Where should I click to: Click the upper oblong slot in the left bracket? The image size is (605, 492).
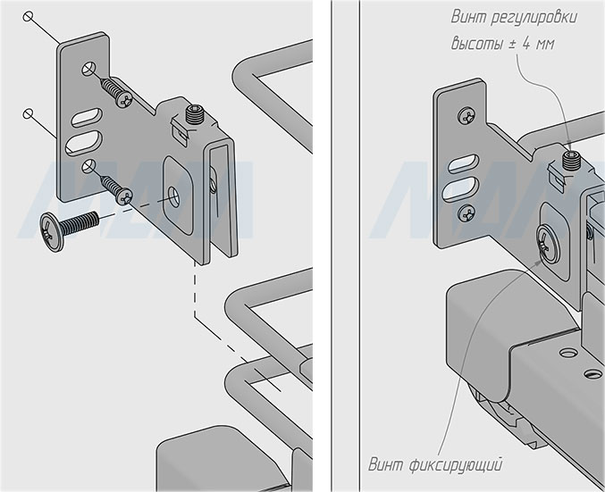click(x=86, y=117)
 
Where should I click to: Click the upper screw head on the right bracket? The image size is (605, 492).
click(x=466, y=115)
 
